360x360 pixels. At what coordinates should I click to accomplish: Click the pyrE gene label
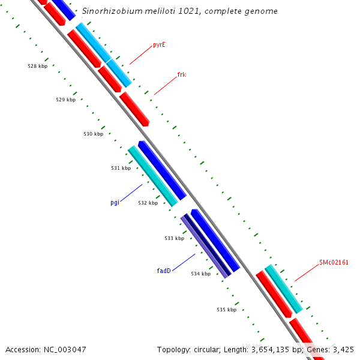coord(159,44)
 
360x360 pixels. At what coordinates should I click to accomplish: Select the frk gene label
coord(181,75)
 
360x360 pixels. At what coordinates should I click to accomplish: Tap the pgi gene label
coord(115,202)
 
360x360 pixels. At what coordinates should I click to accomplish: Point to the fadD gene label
coord(164,271)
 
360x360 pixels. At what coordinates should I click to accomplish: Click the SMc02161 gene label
coord(334,262)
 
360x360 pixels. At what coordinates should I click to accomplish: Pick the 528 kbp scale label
coord(38,66)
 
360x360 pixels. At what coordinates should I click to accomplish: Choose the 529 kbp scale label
coord(65,100)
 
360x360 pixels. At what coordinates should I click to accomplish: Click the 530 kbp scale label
coord(93,134)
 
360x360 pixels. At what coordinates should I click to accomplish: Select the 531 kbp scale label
coord(121,168)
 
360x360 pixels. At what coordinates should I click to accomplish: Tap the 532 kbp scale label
coord(148,203)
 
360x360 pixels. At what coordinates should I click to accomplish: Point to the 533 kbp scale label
coord(174,238)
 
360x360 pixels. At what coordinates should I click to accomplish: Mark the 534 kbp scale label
coord(200,274)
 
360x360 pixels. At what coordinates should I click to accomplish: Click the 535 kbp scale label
coord(226,310)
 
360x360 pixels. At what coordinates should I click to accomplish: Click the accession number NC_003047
coord(65,349)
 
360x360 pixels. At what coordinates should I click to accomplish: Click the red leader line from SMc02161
coord(306,272)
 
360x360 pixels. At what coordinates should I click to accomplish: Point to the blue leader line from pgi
coord(131,193)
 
